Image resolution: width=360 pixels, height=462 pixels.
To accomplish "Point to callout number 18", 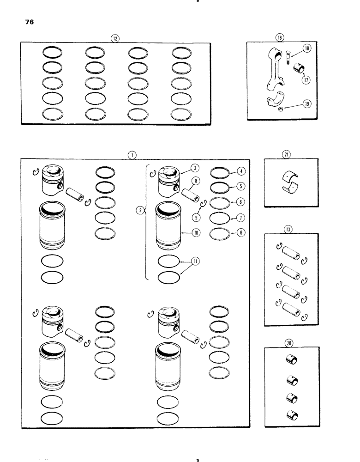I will pos(306,49).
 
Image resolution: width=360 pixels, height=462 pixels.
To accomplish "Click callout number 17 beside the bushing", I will pos(306,79).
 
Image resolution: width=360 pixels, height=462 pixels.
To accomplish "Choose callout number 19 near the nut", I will pos(306,104).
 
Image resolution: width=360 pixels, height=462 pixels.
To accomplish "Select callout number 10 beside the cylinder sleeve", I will pos(196,233).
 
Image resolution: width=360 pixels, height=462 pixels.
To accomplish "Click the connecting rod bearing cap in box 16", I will pos(274,103).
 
